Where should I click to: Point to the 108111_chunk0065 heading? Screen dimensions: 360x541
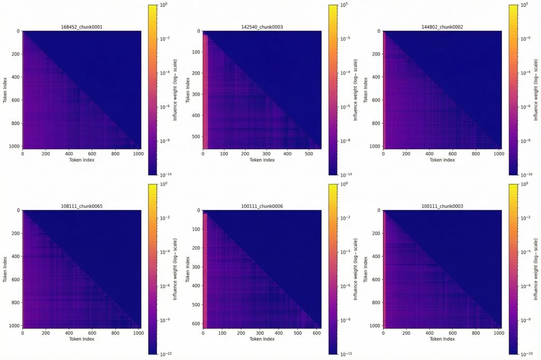pos(81,206)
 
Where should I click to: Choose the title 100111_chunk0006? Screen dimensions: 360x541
pos(262,206)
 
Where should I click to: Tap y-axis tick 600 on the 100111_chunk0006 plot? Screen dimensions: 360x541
pos(195,323)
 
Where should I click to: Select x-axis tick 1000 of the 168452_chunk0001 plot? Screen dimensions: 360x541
pos(138,154)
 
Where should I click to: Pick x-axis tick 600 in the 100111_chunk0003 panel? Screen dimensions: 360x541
pos(452,333)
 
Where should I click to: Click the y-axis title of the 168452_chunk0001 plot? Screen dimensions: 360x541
pos(5,90)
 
